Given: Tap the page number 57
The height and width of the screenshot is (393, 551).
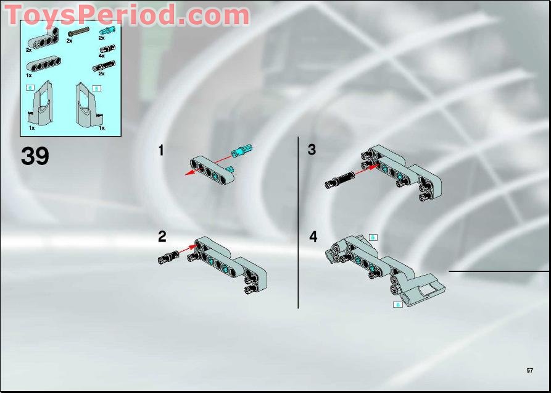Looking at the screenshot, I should (529, 370).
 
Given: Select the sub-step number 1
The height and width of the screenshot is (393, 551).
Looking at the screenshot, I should (161, 150).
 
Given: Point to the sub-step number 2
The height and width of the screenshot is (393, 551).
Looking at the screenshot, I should (162, 236).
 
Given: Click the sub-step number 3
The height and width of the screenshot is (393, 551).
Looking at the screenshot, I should (312, 150).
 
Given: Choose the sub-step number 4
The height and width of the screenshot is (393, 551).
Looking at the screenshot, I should (313, 237).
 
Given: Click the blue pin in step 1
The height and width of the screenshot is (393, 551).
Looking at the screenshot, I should (240, 150).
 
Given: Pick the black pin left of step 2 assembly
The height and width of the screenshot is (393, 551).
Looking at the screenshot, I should (167, 257).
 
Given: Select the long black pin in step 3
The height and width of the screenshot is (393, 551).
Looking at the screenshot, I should (339, 180).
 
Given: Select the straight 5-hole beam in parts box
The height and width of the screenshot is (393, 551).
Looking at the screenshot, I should (43, 65).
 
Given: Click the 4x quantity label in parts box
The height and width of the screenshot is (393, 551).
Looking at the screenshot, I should (102, 56).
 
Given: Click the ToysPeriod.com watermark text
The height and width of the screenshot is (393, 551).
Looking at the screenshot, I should (126, 15).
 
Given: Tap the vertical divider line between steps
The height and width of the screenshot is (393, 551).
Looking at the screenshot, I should (298, 222).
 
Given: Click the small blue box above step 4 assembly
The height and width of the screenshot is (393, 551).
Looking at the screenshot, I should (373, 237).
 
